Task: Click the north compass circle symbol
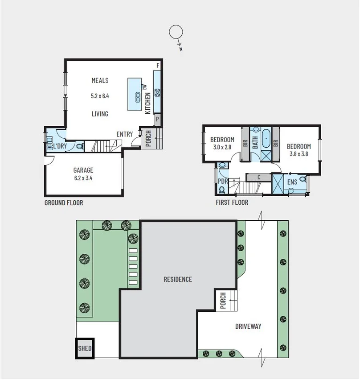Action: pyautogui.click(x=176, y=32)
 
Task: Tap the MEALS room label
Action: pyautogui.click(x=100, y=81)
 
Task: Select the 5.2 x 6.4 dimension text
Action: pyautogui.click(x=100, y=95)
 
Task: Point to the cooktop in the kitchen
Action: pyautogui.click(x=157, y=93)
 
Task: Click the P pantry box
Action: pyautogui.click(x=157, y=120)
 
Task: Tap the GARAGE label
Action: pyautogui.click(x=83, y=170)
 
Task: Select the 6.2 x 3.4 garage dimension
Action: pyautogui.click(x=83, y=178)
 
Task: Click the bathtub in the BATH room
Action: pyautogui.click(x=266, y=139)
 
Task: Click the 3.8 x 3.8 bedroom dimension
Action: pyautogui.click(x=299, y=154)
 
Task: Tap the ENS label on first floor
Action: pyautogui.click(x=292, y=182)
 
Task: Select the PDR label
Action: pyautogui.click(x=222, y=181)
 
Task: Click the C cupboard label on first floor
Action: pyautogui.click(x=258, y=178)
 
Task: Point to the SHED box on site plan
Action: pyautogui.click(x=85, y=348)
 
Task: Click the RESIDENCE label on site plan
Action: pyautogui.click(x=178, y=279)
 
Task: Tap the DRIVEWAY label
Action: pyautogui.click(x=248, y=326)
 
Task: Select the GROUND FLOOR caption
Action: pyautogui.click(x=64, y=202)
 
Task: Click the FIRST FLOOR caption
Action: pyautogui.click(x=231, y=202)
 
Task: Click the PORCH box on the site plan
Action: pyautogui.click(x=223, y=301)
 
